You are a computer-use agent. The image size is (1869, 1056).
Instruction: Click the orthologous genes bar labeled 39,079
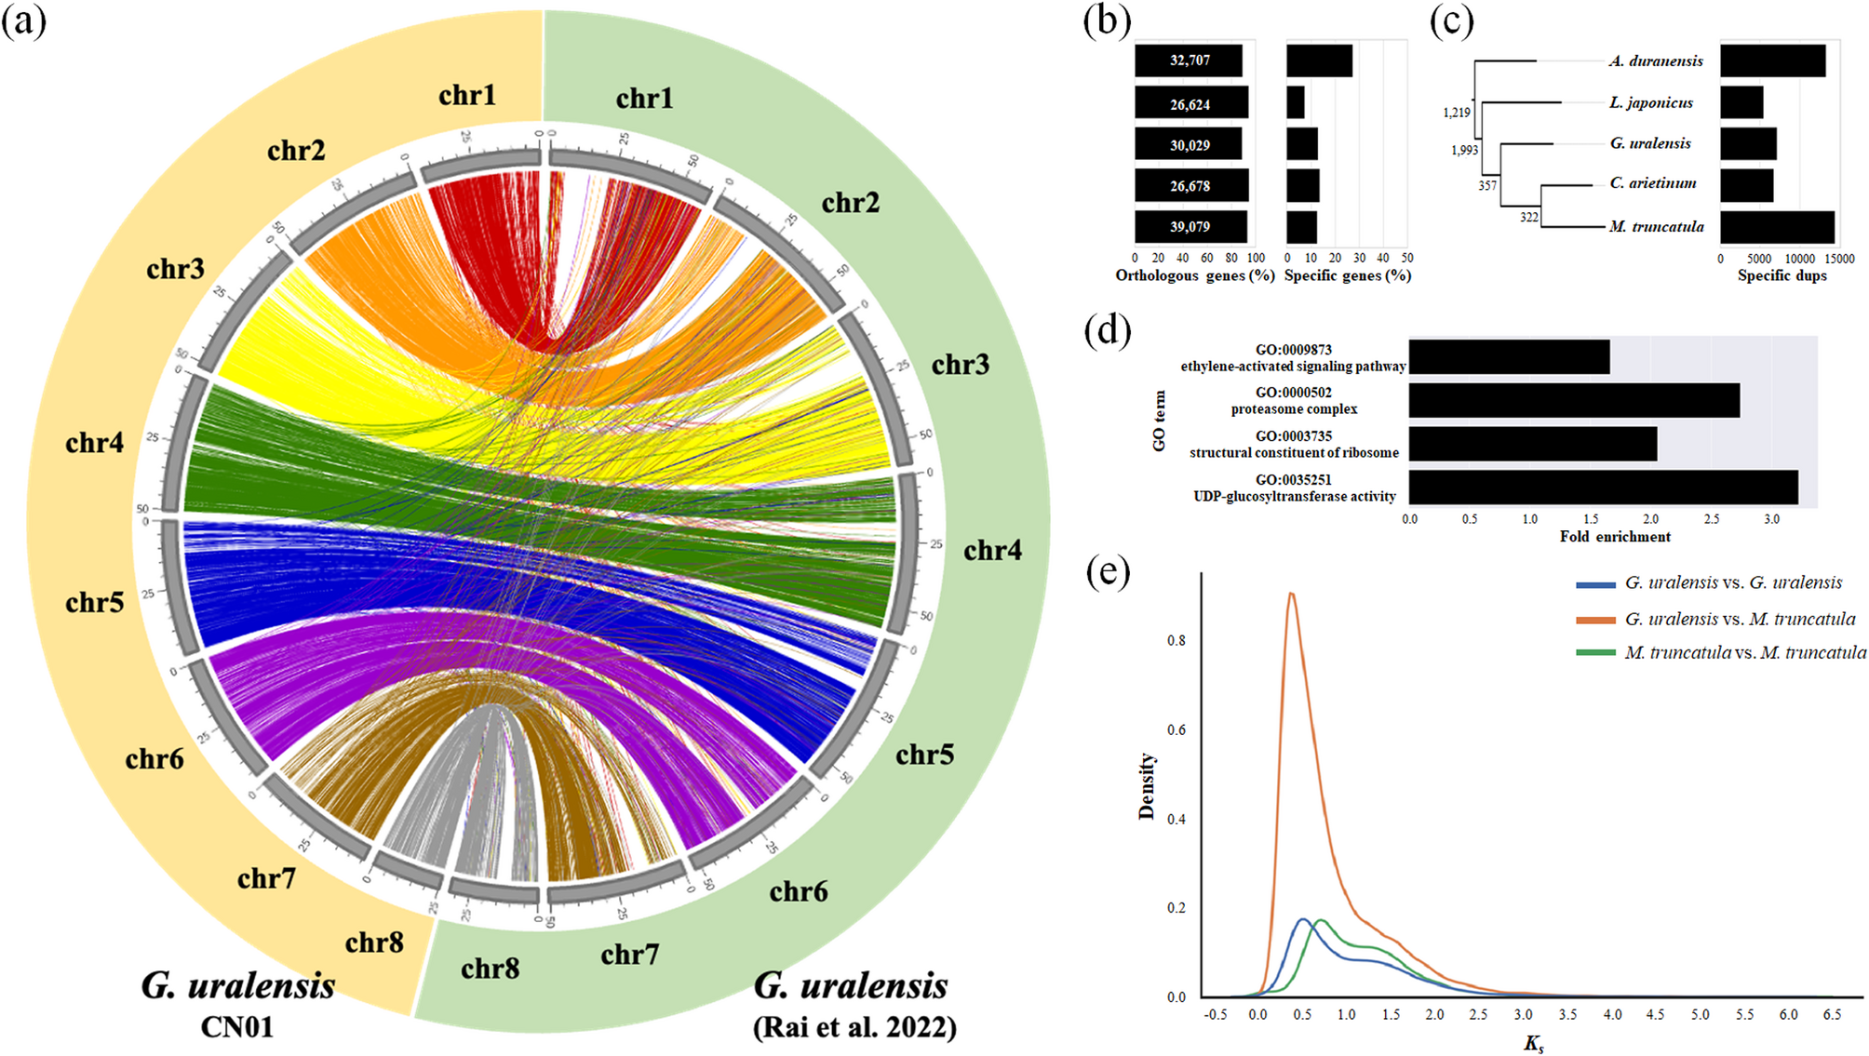coord(1190,227)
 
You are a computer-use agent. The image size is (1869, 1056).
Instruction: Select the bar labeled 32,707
coord(1189,60)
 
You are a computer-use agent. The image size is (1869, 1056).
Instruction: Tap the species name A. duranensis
coord(1656,61)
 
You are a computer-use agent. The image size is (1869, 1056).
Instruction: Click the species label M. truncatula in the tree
coord(1657,226)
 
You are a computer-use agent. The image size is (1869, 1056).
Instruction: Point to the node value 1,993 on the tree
coord(1464,150)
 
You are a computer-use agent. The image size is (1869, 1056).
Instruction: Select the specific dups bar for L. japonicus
coord(1741,102)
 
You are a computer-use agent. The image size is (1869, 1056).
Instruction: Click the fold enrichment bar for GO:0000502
coord(1574,400)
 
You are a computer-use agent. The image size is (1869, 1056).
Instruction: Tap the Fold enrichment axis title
coord(1615,537)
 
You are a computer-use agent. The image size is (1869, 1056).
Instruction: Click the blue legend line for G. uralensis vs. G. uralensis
coord(1595,584)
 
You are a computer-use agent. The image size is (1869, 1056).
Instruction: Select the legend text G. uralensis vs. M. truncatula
coord(1740,619)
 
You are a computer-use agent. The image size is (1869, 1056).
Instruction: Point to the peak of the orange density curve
coord(1291,594)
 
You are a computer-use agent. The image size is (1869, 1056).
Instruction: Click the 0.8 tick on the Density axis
coord(1177,640)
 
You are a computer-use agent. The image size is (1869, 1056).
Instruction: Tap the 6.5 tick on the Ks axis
coord(1832,1015)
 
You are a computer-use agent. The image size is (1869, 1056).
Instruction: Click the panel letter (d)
coord(1108,331)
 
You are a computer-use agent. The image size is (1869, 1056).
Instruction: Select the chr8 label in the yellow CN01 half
coord(374,942)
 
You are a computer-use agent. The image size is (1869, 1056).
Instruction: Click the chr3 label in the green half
coord(961,365)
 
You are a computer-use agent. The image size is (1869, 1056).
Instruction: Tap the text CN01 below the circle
coord(237,1026)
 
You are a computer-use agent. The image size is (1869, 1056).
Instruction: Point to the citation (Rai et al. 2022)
coord(854,1027)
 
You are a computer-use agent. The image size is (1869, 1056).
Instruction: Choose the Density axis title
coord(1147,786)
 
